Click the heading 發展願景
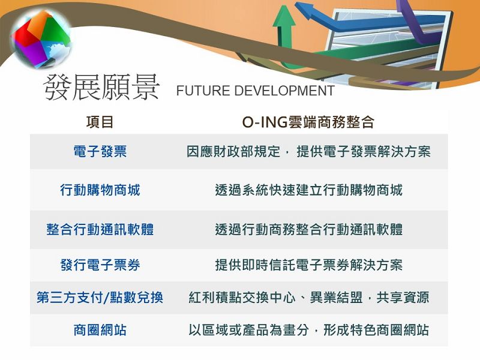(101, 87)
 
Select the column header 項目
(100, 122)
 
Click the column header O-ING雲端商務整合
(308, 122)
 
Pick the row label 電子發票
(100, 151)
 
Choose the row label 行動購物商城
(100, 190)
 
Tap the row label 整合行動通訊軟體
(100, 229)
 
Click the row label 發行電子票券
(100, 265)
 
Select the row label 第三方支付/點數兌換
(100, 297)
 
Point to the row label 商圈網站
(100, 330)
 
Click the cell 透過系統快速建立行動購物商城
(308, 190)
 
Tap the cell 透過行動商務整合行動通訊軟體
(308, 229)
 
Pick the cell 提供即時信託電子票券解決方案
(308, 265)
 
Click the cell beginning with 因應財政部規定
(308, 151)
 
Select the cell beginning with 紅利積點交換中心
(308, 297)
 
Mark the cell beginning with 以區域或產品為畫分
(308, 330)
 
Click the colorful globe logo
(41, 39)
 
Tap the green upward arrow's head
(284, 17)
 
